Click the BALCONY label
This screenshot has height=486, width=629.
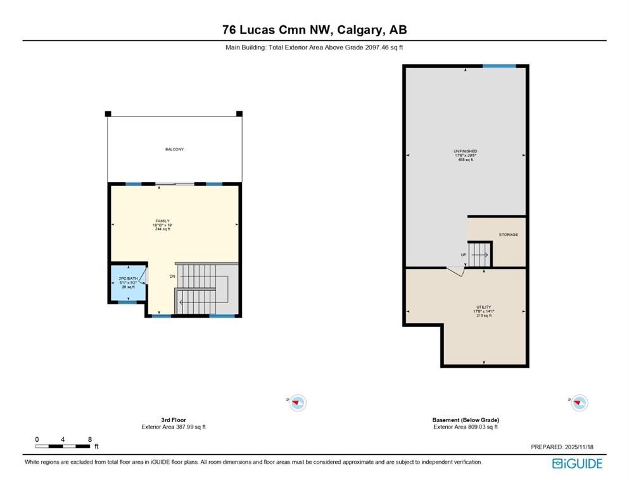click(x=174, y=149)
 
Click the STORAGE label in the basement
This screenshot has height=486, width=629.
click(x=508, y=235)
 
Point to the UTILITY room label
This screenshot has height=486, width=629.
click(x=484, y=307)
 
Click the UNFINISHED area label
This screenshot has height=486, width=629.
click(x=466, y=151)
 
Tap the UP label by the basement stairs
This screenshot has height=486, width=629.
click(x=463, y=256)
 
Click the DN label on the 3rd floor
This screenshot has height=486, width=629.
click(x=172, y=277)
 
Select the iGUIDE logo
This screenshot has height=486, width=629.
click(x=577, y=464)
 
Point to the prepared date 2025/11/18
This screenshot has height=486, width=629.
click(x=568, y=447)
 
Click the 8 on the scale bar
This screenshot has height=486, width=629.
click(x=90, y=439)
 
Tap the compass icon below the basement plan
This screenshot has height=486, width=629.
click(x=579, y=402)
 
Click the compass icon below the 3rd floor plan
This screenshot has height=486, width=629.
click(x=298, y=402)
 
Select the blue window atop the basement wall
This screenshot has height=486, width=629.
click(x=499, y=66)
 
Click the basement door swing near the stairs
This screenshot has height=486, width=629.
click(x=454, y=270)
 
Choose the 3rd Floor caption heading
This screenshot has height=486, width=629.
click(x=174, y=420)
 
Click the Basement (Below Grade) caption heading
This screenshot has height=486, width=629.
click(x=466, y=420)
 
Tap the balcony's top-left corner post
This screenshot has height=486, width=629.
click(x=108, y=114)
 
